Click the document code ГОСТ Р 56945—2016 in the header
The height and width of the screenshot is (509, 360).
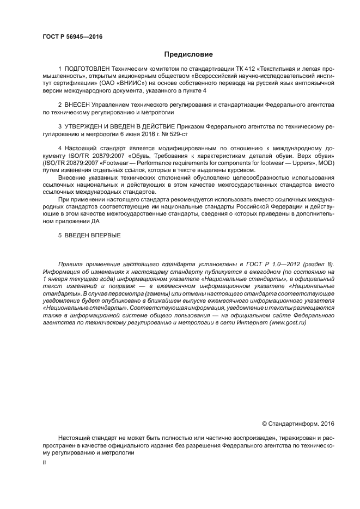tap(72, 37)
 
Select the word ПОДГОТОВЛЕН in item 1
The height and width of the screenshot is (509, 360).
tap(87, 69)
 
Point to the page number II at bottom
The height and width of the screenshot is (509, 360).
tap(44, 463)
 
